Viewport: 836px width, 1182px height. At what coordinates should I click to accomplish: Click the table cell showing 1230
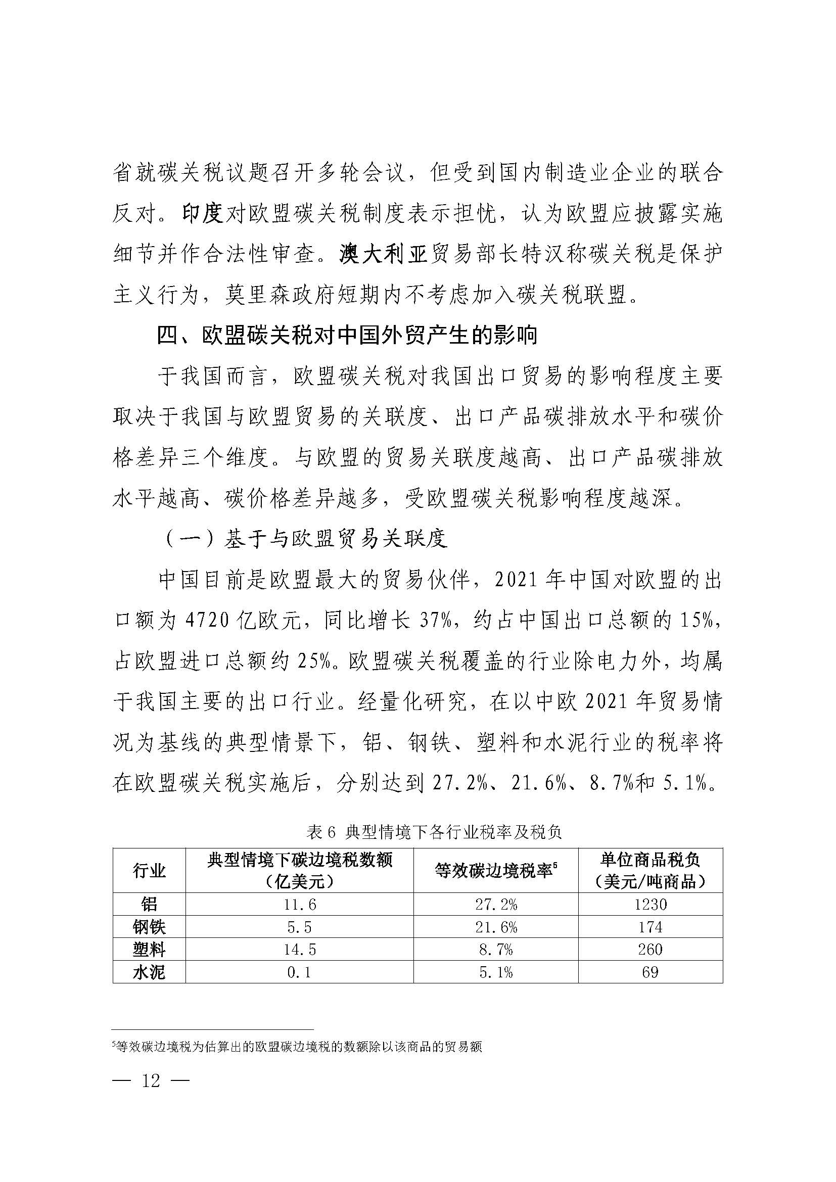tap(650, 905)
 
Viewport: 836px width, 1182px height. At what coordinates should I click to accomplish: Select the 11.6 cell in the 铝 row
tap(299, 905)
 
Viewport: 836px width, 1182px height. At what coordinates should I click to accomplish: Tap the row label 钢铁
tap(149, 927)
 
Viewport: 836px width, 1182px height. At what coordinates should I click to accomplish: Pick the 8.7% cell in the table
tap(496, 950)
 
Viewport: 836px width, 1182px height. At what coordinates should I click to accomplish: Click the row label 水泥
tap(149, 972)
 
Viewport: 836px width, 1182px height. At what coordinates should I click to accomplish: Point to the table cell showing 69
tap(650, 972)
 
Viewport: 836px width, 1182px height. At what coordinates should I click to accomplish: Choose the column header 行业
tap(149, 871)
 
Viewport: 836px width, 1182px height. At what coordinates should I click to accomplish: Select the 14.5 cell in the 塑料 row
tap(299, 950)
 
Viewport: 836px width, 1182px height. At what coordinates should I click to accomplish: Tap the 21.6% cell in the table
tap(496, 927)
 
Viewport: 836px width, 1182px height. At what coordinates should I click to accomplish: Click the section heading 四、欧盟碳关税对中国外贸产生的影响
tap(347, 336)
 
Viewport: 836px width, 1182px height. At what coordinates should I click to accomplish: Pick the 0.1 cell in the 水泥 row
tap(299, 972)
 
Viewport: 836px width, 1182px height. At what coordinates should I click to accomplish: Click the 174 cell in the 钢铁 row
tap(650, 927)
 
